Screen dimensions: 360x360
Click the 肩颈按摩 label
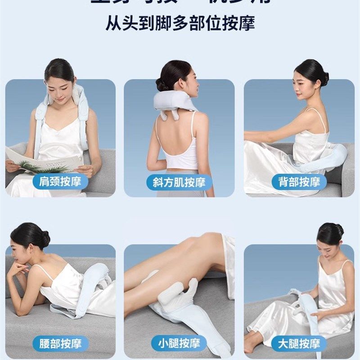click(60, 182)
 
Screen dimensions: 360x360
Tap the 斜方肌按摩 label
click(180, 182)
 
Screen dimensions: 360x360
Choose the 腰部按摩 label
click(60, 344)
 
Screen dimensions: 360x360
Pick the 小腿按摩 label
click(180, 344)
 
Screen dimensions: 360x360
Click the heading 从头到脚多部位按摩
click(180, 22)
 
